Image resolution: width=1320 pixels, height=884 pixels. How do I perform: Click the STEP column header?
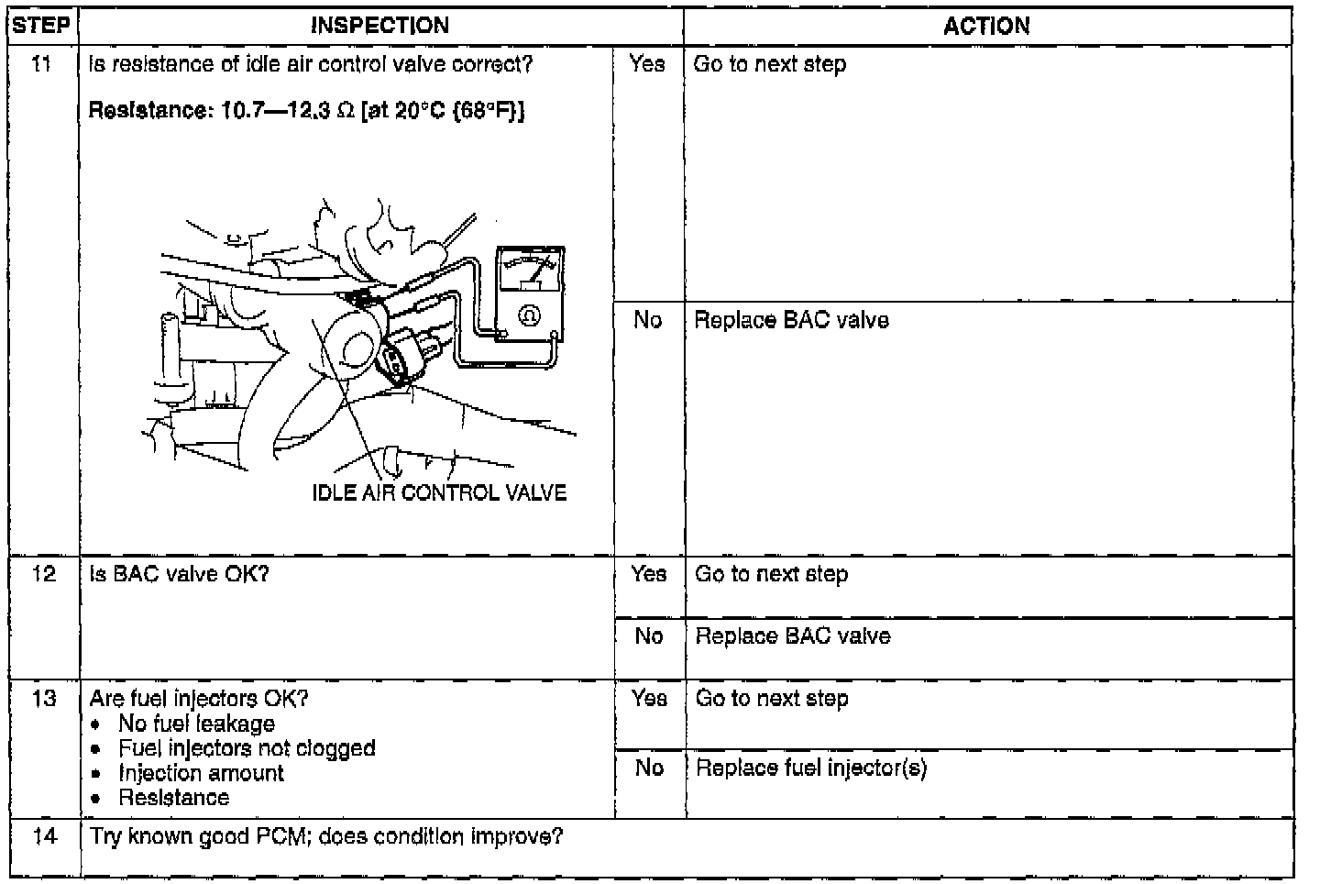point(42,26)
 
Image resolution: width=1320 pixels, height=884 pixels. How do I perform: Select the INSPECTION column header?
point(379,26)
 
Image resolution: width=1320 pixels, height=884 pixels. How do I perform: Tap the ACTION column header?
point(986,26)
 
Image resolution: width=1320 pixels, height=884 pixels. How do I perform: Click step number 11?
point(42,64)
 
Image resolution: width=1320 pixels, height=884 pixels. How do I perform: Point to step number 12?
point(42,574)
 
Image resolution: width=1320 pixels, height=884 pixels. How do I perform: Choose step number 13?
point(42,699)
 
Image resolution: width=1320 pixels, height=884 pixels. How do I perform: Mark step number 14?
point(42,836)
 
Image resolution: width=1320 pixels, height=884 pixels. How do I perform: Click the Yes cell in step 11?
point(647,64)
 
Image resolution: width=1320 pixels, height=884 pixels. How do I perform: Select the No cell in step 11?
point(647,319)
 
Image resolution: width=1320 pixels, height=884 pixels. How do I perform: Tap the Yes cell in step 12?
point(648,574)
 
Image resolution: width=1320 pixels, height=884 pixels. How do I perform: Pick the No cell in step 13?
point(648,768)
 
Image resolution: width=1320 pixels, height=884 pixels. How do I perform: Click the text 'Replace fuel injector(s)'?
point(811,768)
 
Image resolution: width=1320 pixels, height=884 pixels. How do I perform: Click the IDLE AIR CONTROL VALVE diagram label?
point(439,493)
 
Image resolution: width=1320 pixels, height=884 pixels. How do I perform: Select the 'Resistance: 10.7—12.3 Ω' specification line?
point(306,111)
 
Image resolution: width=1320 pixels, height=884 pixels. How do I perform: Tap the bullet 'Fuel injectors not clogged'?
point(247,748)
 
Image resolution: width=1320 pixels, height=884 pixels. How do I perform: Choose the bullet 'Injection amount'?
point(201,773)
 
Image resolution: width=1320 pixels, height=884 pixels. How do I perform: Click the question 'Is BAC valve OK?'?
point(179,574)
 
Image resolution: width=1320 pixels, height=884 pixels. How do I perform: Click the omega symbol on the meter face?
point(529,315)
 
